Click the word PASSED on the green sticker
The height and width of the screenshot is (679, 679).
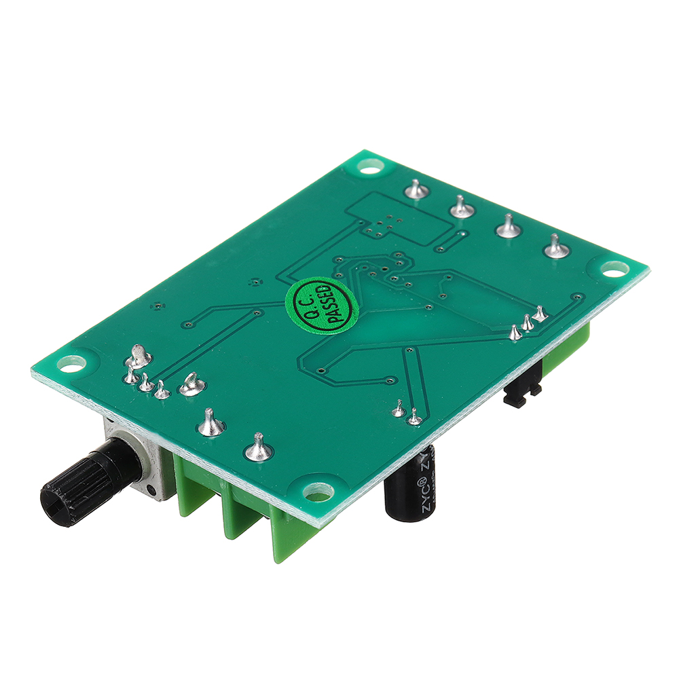[x=337, y=307]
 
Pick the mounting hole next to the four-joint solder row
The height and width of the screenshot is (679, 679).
[x=370, y=165]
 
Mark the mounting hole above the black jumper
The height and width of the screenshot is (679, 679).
[x=613, y=270]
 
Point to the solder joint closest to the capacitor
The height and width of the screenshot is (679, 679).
[x=414, y=419]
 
